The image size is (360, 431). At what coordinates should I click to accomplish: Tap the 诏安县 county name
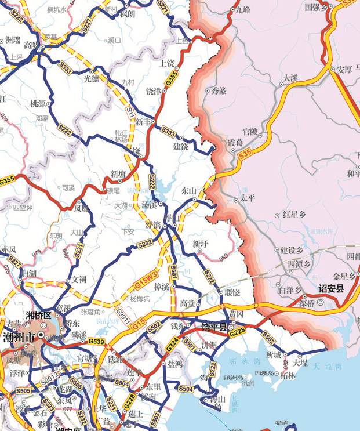pos(331,288)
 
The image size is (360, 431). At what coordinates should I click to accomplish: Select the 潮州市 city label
pos(20,338)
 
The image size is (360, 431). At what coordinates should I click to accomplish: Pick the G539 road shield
pos(96,342)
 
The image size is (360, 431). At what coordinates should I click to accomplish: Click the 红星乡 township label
pos(294,215)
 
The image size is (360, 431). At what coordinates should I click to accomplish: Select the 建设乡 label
pos(292,251)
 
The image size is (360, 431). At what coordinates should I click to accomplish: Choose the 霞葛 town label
pos(235,142)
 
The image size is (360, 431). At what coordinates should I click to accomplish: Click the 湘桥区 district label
pos(38,315)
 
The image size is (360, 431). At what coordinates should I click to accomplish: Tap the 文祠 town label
pos(79,279)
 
